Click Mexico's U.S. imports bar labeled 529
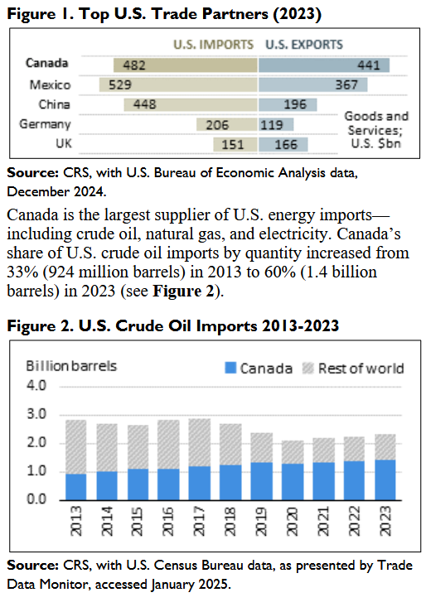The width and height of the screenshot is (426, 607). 178,84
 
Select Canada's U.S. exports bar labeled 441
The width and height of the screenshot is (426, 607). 324,65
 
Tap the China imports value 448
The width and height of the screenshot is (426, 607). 145,104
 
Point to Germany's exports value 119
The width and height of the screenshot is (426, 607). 272,125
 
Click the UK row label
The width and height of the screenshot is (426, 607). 64,143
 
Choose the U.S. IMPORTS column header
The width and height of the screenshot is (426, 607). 213,45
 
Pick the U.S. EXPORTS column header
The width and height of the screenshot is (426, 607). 304,45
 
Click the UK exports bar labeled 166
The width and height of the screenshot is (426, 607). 283,144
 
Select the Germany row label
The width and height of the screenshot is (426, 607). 45,124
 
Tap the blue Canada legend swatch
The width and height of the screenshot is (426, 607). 230,368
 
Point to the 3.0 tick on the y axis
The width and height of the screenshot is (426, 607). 36,414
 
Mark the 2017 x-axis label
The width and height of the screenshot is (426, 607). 198,521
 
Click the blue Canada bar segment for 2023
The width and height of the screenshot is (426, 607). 385,480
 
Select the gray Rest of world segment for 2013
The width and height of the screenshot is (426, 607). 76,447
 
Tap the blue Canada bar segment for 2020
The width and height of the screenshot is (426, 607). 293,482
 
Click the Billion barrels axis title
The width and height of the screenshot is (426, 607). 71,366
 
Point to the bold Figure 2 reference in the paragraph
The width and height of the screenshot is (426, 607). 183,291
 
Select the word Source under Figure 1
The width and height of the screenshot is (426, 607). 33,172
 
